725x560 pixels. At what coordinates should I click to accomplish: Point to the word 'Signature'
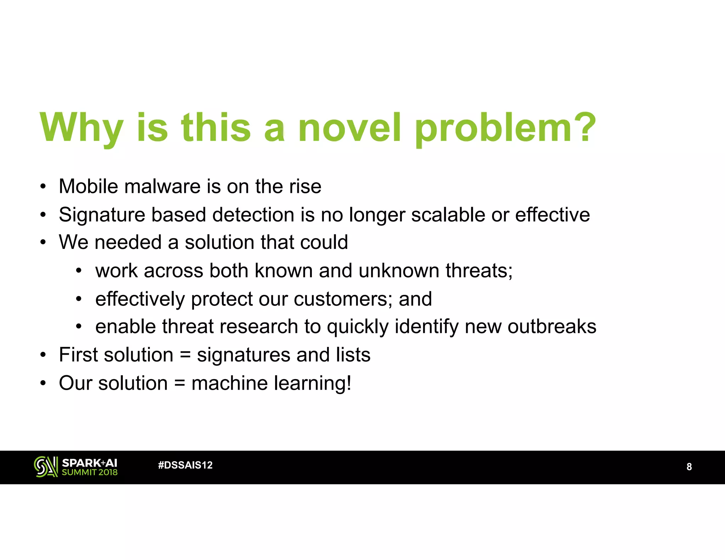102,215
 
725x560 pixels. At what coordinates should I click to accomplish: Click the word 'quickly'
358,327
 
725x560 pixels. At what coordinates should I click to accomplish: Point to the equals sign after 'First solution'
185,355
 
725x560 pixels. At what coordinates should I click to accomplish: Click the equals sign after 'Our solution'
179,383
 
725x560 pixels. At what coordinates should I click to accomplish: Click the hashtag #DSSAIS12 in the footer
185,465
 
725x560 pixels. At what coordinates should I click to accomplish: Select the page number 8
689,467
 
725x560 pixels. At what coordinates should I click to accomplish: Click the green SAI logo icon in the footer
46,467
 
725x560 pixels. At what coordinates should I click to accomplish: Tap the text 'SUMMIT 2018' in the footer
90,472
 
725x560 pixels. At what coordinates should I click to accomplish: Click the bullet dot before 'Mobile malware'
43,187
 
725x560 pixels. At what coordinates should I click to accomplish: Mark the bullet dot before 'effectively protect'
79,299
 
